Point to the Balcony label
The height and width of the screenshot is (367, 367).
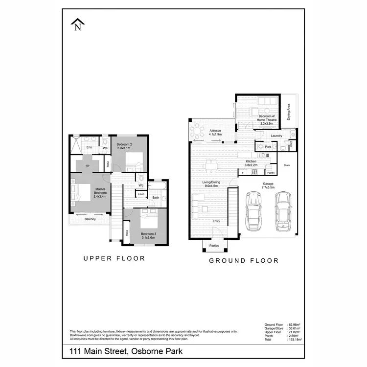[x=90, y=219]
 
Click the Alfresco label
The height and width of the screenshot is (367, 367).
[x=216, y=132]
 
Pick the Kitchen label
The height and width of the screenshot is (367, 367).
[x=251, y=162]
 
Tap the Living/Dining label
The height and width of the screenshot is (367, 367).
[x=212, y=183]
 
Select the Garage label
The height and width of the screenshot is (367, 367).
[x=268, y=185]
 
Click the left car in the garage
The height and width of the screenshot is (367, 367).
[x=252, y=211]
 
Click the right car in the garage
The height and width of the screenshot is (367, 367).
[x=283, y=211]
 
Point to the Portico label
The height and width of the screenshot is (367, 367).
[x=214, y=245]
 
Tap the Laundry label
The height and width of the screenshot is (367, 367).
[x=276, y=136]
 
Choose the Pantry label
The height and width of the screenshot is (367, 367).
[x=270, y=172]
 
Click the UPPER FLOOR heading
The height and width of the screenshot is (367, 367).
[x=114, y=258]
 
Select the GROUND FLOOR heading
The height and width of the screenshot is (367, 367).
[x=244, y=260]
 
